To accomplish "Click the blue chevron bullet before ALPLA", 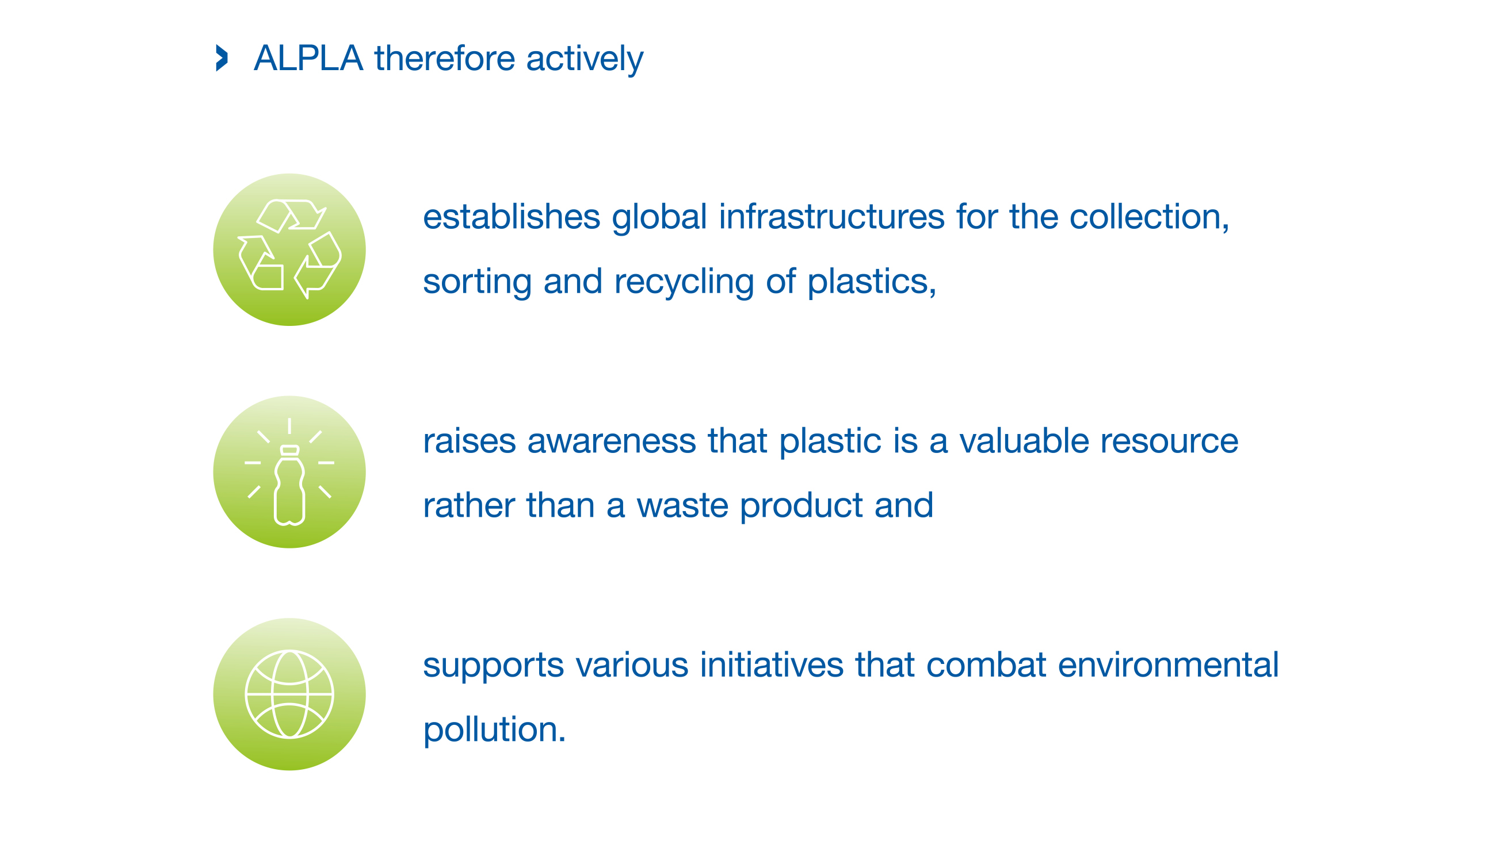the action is pos(222,58).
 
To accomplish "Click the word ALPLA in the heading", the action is pos(308,58).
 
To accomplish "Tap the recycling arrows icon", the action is pos(289,249).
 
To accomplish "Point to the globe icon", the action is pos(289,694).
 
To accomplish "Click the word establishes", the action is pos(512,217).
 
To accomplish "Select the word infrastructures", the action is pos(831,217).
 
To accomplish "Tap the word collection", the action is pos(1146,217).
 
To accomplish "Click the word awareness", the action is pos(612,441).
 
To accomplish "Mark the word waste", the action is pos(683,505).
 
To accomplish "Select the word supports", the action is pos(494,666).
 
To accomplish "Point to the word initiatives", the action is pos(772,665).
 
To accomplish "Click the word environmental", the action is pos(1169,665).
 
